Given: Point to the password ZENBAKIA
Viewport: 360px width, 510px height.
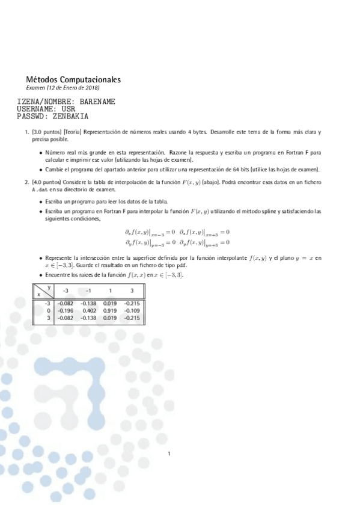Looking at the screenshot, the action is (x=70, y=116).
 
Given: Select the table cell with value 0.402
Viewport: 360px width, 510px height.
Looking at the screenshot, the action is (x=89, y=310).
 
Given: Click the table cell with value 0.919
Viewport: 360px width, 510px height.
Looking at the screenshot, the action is (x=110, y=310).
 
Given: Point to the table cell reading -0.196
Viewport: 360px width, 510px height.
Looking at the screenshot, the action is (x=65, y=310).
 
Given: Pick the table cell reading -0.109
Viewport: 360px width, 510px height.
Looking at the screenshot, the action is (x=132, y=310).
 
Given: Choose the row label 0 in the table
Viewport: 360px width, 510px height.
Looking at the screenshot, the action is (x=47, y=310).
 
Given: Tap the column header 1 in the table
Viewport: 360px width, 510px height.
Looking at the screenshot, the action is (x=109, y=290).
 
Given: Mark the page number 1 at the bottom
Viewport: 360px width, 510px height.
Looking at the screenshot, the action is (x=169, y=454).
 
